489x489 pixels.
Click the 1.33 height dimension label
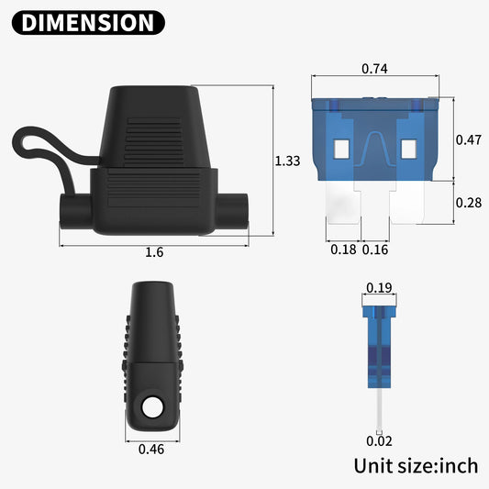coord(287,161)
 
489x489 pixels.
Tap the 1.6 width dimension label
coord(154,252)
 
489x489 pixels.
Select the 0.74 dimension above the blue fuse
coord(373,68)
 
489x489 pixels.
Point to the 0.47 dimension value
coord(469,139)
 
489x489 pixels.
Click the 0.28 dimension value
coord(469,203)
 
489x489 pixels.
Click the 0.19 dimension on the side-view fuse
coord(378,288)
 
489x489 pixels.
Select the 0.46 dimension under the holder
coord(151,449)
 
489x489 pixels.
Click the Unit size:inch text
coord(416,465)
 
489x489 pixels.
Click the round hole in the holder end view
coord(150,406)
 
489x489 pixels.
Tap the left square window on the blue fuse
coord(342,147)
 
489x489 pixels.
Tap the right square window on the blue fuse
coord(407,147)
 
